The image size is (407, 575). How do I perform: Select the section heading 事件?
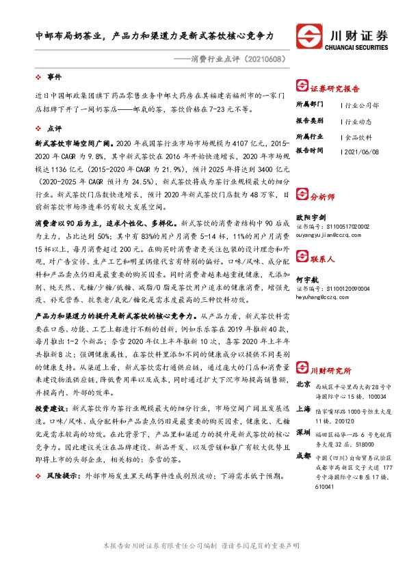pos(53,77)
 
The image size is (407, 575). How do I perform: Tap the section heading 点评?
pos(53,128)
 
